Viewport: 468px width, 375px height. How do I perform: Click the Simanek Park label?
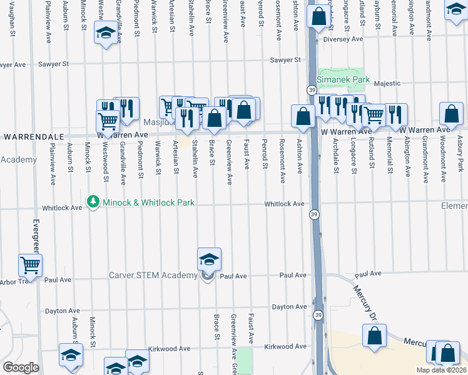[x=341, y=80]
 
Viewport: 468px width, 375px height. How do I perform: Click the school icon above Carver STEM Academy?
[x=209, y=259]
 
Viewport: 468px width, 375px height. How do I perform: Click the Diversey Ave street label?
[x=343, y=39]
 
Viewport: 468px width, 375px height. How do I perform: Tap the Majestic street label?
[x=386, y=82]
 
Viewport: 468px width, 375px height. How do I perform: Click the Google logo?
[x=21, y=367]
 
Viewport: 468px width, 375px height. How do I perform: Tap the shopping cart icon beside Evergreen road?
[x=30, y=266]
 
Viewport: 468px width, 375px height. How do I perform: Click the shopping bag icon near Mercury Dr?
[x=374, y=336]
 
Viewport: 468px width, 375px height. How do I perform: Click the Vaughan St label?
[x=13, y=22]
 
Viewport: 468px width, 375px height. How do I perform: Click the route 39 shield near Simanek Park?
[x=311, y=90]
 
